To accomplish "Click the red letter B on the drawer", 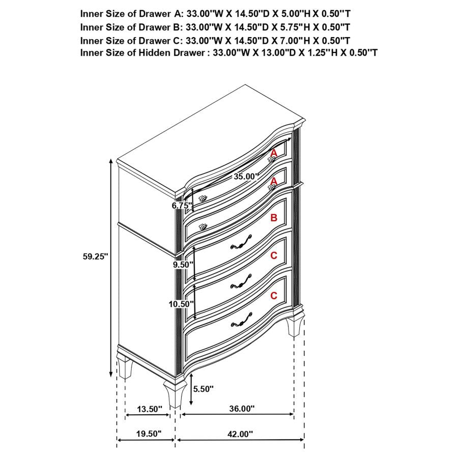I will [274, 218].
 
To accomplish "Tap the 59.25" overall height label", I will [96, 257].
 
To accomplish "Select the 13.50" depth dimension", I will [150, 409].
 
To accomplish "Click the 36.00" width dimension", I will [241, 409].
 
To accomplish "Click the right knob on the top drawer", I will [272, 160].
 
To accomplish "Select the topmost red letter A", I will [274, 153].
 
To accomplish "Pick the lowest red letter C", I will [274, 295].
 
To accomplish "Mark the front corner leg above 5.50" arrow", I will [174, 394].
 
